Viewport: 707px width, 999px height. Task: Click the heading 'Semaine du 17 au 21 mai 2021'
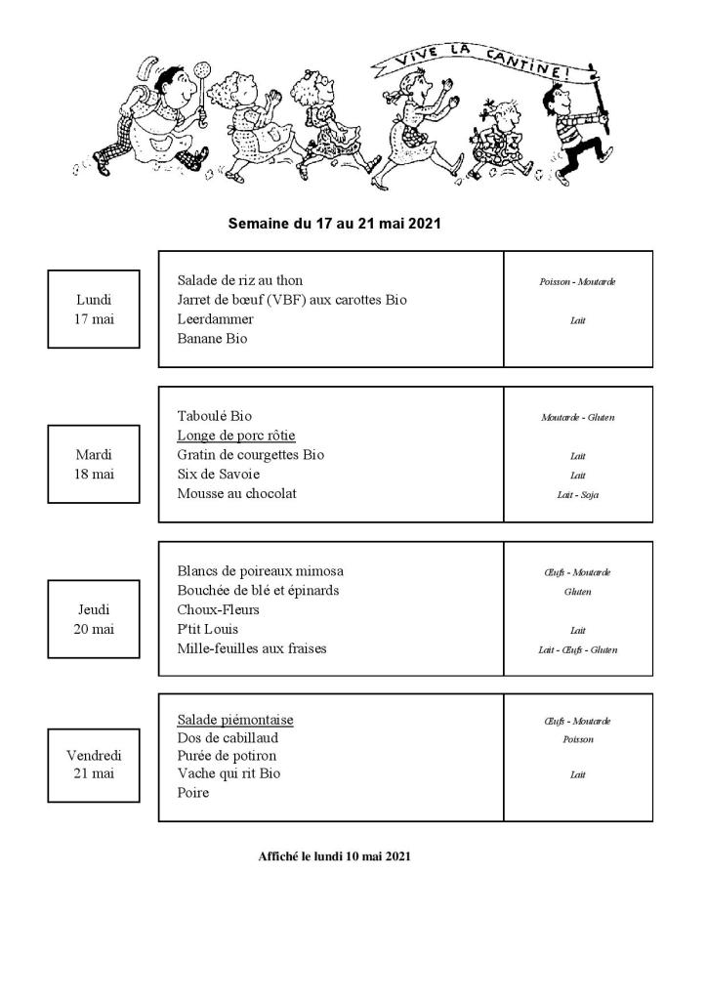[334, 224]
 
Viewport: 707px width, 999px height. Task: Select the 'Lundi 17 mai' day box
[94, 309]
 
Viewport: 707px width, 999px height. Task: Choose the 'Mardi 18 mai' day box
[94, 464]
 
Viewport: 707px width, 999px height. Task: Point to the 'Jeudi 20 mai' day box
[94, 619]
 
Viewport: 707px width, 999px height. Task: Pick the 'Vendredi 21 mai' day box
[94, 765]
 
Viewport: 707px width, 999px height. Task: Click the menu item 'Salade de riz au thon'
[239, 280]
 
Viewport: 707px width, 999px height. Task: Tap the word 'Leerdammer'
[215, 319]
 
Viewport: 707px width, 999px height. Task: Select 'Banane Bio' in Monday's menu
[212, 339]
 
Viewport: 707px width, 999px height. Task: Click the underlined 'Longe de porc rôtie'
[235, 436]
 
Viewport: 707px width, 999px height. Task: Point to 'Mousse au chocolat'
[236, 494]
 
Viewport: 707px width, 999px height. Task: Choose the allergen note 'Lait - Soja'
[577, 495]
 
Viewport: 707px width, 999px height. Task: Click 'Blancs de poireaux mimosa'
[260, 571]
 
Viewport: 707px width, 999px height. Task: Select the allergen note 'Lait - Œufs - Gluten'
[577, 649]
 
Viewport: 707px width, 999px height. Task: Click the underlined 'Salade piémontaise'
[234, 721]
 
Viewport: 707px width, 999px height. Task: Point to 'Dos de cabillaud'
[228, 738]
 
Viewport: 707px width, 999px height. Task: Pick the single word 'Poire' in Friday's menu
[193, 793]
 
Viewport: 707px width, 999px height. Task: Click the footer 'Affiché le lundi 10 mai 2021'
[334, 856]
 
